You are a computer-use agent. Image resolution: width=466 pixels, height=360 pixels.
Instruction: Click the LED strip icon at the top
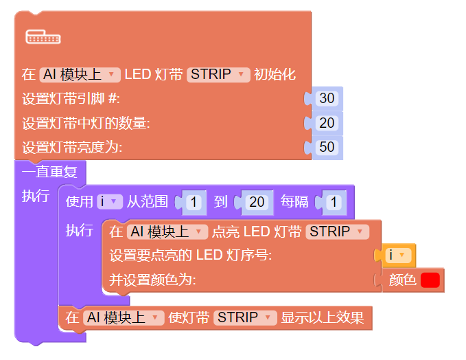point(43,37)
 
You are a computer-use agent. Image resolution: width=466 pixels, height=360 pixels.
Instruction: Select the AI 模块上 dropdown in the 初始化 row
point(80,74)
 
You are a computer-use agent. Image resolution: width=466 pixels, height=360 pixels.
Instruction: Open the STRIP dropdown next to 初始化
point(218,74)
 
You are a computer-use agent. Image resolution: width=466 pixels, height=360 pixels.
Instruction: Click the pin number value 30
point(327,98)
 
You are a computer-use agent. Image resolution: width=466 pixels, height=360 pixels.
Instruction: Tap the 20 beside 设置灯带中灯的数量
point(327,123)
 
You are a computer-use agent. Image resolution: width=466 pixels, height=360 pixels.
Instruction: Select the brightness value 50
point(327,147)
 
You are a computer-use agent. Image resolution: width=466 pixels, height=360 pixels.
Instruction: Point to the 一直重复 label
point(49,171)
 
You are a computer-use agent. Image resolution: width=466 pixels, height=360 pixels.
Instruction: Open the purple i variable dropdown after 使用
point(109,201)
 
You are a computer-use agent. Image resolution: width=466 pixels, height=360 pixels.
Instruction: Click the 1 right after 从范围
point(194,202)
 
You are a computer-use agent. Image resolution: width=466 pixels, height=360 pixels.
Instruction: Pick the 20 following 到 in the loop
point(257,202)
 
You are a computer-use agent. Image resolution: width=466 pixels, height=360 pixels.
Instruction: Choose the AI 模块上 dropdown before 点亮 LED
point(167,232)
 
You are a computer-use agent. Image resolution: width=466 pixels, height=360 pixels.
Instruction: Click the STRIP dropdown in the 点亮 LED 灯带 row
point(337,232)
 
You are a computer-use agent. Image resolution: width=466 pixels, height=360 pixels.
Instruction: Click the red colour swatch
point(430,280)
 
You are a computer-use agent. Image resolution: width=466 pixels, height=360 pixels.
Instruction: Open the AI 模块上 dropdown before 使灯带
point(124,317)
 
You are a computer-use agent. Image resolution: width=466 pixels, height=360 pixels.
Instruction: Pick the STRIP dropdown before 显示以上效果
point(245,317)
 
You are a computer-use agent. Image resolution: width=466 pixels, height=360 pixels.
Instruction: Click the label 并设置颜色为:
point(152,280)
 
